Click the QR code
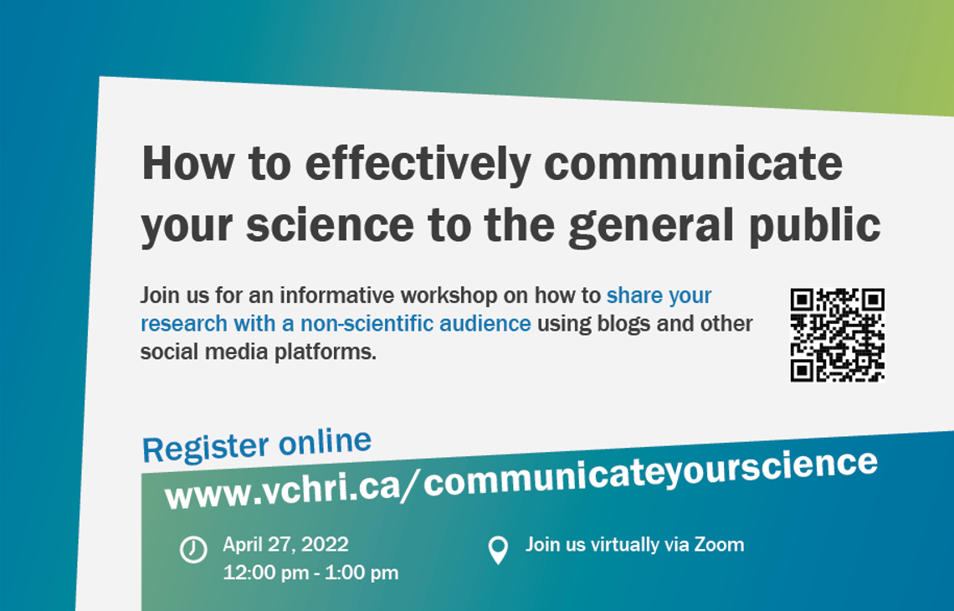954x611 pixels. point(837,335)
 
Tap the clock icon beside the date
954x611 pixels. point(193,550)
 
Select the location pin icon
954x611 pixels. point(498,550)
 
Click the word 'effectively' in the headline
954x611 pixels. point(418,165)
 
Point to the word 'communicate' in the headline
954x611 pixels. point(694,163)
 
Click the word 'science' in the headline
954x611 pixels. point(330,225)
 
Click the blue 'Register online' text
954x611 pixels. point(257,445)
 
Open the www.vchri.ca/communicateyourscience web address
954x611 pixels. point(521,480)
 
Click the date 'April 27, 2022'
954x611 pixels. point(285,545)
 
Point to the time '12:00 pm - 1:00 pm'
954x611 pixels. point(310,572)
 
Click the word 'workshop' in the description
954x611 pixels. point(449,295)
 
